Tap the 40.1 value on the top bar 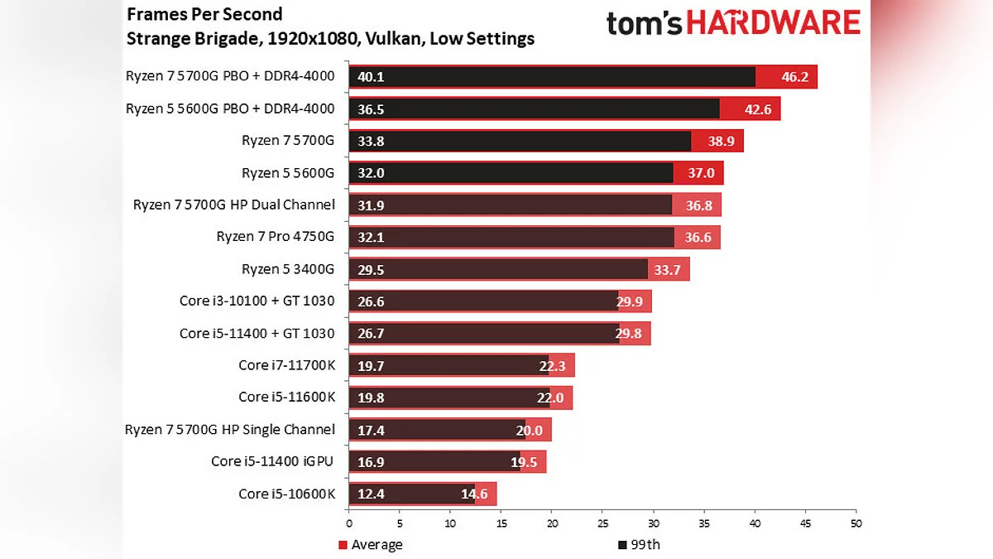coord(371,77)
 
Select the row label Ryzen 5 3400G coord(287,269)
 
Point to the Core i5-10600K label coord(286,494)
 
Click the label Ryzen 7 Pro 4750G coord(275,237)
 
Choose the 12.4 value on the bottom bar coord(371,494)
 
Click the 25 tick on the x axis coord(602,523)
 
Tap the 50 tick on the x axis coord(856,523)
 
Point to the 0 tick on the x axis coord(349,523)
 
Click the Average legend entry coord(377,544)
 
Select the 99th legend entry coord(645,544)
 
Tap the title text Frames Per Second coord(204,14)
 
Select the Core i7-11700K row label coord(286,365)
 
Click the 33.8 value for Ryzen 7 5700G coord(371,141)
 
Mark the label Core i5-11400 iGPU coord(272,461)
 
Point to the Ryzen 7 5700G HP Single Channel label coord(229,429)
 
